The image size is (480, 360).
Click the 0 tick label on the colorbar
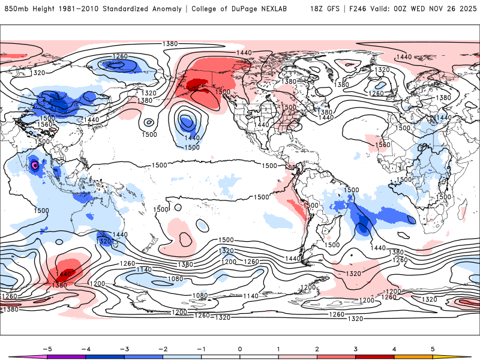point(240,349)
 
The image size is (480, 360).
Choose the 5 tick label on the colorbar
point(433,349)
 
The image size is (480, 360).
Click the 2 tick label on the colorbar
point(317,349)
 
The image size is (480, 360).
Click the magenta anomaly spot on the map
point(35,164)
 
